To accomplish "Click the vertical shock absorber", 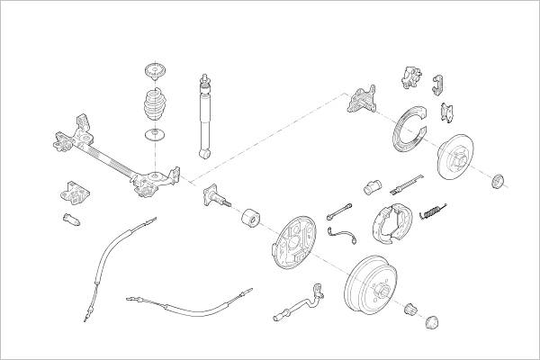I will [204, 117].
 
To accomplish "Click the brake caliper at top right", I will [412, 77].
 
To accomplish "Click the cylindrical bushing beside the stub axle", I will [250, 219].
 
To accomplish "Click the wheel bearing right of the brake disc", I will [499, 180].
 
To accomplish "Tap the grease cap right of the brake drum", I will [432, 320].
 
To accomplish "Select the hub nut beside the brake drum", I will [412, 308].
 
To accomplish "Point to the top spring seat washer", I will [156, 72].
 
